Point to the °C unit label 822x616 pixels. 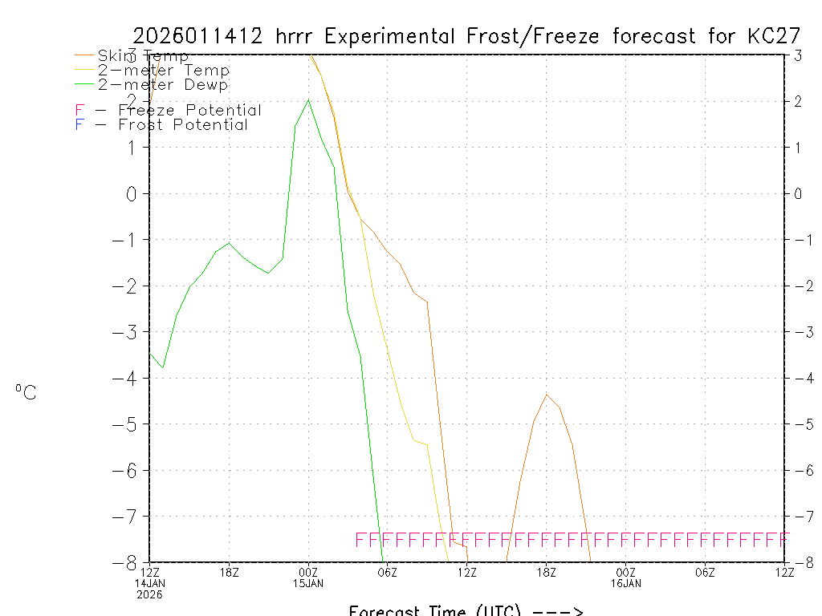[26, 392]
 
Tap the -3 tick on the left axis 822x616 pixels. [131, 331]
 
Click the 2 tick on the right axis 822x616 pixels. [798, 101]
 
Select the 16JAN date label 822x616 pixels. [625, 582]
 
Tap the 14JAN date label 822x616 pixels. [149, 582]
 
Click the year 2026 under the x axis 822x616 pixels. [149, 594]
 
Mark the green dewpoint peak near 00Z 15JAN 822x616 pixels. [308, 99]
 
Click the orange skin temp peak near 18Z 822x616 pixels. [547, 394]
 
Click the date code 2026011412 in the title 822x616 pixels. [199, 36]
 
